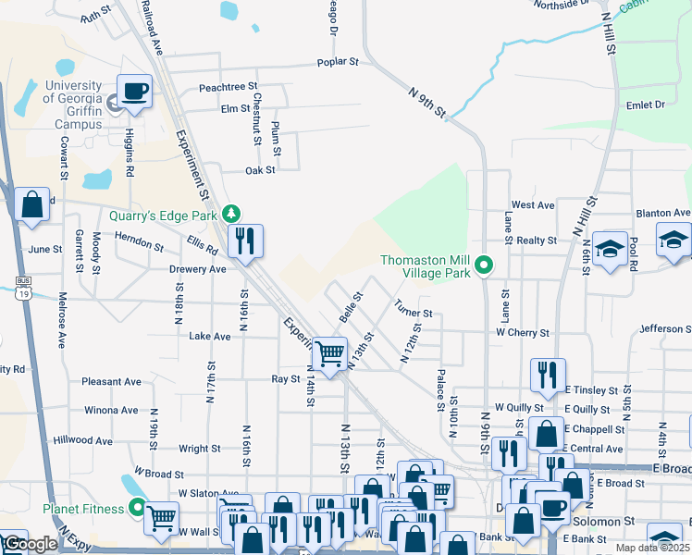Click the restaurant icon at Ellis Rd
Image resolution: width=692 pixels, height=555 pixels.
point(245,241)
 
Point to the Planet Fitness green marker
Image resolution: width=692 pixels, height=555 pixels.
point(138,508)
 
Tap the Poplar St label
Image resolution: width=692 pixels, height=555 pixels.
point(340,62)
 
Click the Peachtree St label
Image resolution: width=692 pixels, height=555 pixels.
point(228,88)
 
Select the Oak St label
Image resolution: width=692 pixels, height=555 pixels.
point(260,170)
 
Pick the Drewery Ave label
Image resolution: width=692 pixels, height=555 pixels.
point(198,269)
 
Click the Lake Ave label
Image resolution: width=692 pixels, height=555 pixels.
point(209,337)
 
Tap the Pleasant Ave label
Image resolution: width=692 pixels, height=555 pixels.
point(111,381)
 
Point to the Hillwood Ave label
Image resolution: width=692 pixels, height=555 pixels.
point(82,441)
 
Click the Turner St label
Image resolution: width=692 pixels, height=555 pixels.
point(413,306)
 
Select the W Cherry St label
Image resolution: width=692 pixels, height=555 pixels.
point(523,332)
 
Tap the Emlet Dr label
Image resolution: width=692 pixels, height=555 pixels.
point(646,105)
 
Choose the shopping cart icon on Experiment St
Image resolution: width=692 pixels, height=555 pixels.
point(329,352)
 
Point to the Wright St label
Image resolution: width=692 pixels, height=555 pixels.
point(200,449)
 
